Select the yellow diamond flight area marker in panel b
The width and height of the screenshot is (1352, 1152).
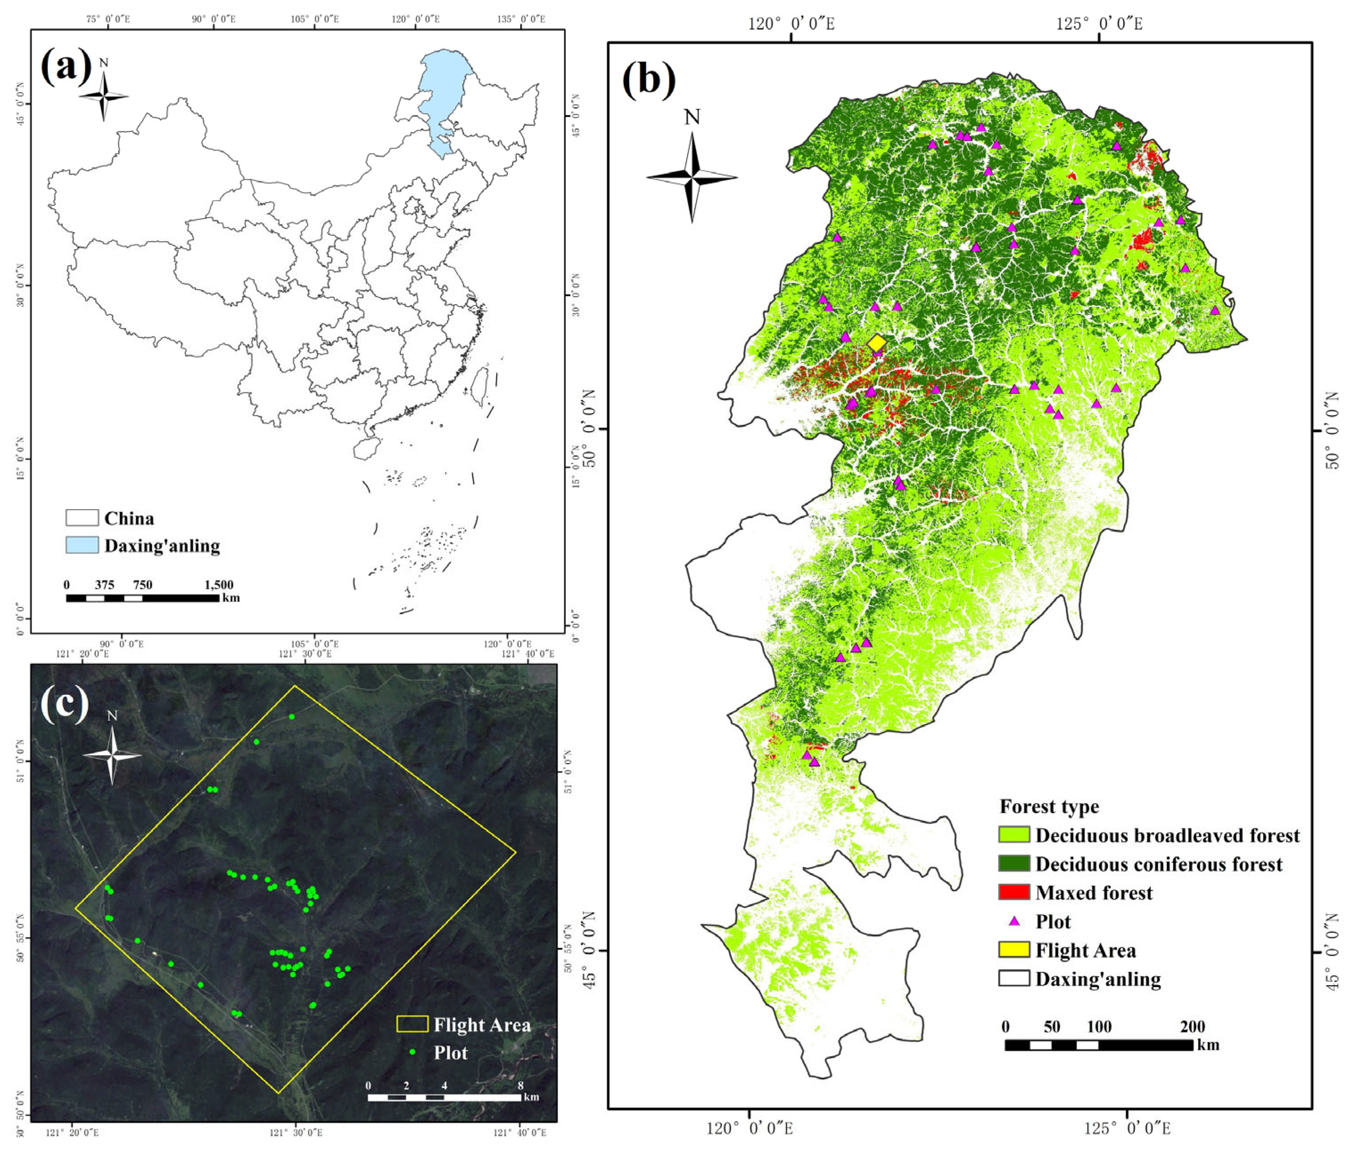tap(877, 343)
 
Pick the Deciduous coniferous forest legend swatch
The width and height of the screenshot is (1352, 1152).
tap(1013, 864)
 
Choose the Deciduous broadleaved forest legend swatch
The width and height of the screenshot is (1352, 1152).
tap(1013, 835)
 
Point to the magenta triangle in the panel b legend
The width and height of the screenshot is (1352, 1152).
tap(1014, 921)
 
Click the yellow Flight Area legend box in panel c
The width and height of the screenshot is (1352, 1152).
tap(412, 1024)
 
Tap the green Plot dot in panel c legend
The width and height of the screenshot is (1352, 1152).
tap(412, 1052)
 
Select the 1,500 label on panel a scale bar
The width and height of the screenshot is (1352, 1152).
tap(219, 585)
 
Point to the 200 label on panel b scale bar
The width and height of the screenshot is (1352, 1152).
tap(1192, 1027)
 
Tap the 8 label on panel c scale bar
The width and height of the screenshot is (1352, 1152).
tap(520, 1086)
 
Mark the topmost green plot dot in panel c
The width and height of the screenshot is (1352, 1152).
tap(292, 717)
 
